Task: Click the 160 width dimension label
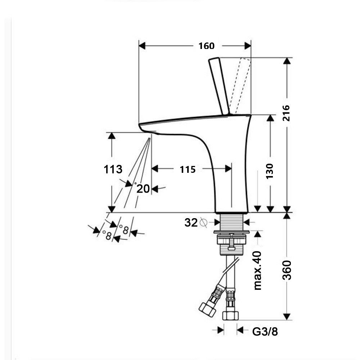(x=206, y=46)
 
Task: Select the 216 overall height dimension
(x=286, y=113)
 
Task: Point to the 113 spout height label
(x=113, y=169)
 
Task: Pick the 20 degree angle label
(x=143, y=188)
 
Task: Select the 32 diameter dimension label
(x=191, y=223)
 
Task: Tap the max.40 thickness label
(x=258, y=271)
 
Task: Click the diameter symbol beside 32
(x=203, y=223)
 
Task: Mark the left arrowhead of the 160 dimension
(x=141, y=46)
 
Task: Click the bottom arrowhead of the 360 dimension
(x=287, y=317)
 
